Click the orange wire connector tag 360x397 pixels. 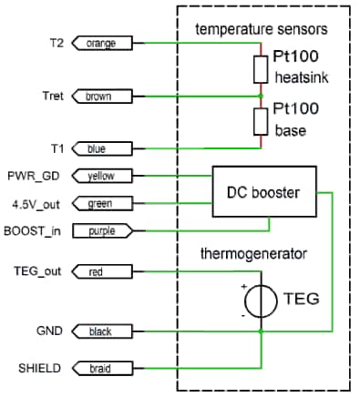[102, 43]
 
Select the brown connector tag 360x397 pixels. [102, 97]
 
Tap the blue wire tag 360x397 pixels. [102, 148]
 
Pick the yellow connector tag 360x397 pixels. [102, 176]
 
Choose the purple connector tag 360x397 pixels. [103, 231]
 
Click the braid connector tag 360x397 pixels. [102, 369]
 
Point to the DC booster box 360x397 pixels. [264, 191]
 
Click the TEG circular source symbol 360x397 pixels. [261, 301]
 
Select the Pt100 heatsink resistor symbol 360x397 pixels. [261, 69]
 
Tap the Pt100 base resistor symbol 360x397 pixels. [261, 122]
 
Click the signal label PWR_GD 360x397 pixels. [34, 176]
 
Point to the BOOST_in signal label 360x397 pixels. [32, 231]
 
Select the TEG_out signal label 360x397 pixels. [37, 270]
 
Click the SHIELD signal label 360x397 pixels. [39, 368]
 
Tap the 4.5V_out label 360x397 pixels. [36, 205]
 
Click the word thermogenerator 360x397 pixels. [253, 254]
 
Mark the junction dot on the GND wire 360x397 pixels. [261, 331]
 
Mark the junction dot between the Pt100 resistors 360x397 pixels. [261, 97]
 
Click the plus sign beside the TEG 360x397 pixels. [244, 286]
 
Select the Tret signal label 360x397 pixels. [53, 96]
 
